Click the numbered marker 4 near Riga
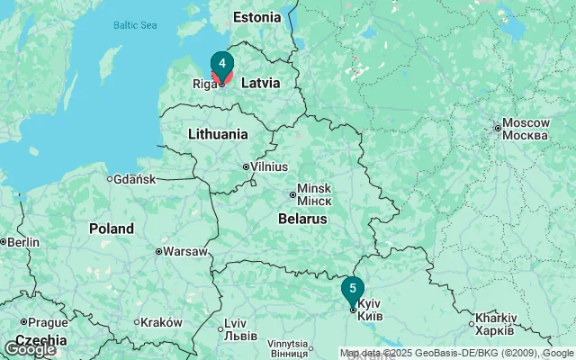(x=221, y=64)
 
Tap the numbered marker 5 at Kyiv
(x=353, y=289)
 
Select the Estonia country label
(x=256, y=17)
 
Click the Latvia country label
(x=260, y=83)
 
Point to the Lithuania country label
(x=218, y=134)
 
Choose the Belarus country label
(x=301, y=219)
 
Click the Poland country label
(x=111, y=229)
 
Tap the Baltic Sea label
(x=135, y=25)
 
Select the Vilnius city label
(x=269, y=166)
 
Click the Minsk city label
(x=314, y=193)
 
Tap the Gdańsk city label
(x=134, y=179)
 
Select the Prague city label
(x=47, y=322)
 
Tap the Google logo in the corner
(x=30, y=348)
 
